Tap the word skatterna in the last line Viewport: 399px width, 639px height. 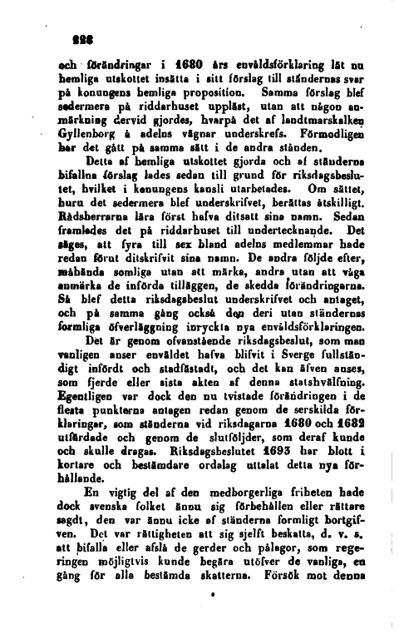point(234,598)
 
